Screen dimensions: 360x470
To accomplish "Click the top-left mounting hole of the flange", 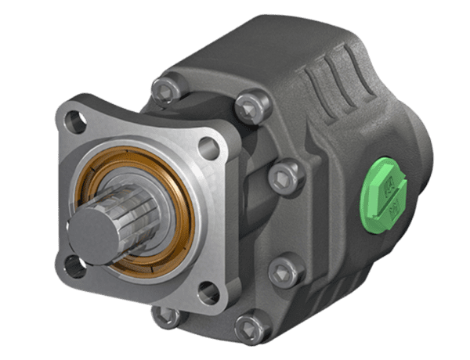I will [x=74, y=121].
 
